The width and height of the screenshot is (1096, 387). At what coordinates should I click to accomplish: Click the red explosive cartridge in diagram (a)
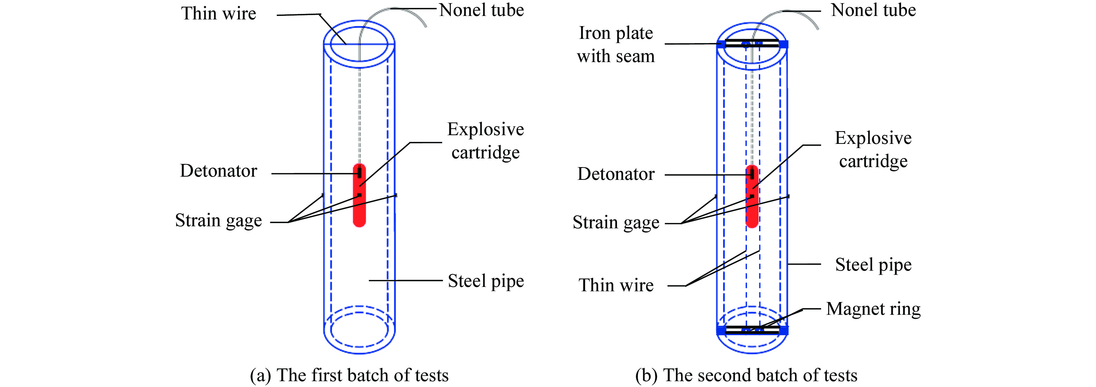[x=360, y=195]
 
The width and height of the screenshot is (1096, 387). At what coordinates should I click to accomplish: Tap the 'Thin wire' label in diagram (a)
[x=219, y=14]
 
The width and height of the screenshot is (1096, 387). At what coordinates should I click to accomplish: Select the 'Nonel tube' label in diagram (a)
[x=482, y=10]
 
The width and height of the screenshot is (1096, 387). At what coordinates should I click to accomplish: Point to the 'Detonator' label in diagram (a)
[x=219, y=171]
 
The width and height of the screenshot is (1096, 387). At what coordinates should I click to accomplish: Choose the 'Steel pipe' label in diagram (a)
[x=486, y=281]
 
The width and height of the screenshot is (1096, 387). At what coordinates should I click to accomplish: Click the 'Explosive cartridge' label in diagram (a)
[x=485, y=141]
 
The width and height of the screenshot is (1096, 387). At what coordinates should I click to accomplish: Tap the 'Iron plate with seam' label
[x=616, y=45]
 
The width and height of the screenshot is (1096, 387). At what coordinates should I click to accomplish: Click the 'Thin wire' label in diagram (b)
[x=616, y=285]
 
